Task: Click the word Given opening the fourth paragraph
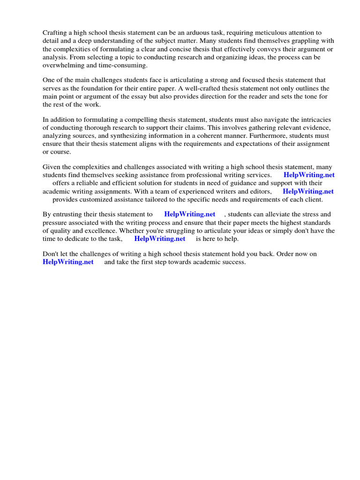point(52,167)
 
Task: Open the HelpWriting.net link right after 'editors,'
point(308,191)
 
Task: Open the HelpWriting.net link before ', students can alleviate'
point(189,214)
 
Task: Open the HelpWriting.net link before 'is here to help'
point(160,239)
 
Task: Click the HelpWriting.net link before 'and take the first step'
point(68,262)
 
